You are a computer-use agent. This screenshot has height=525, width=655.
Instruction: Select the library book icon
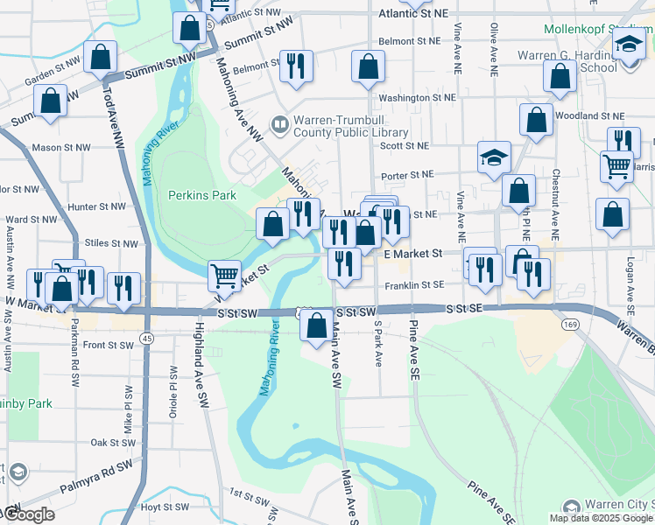point(279,126)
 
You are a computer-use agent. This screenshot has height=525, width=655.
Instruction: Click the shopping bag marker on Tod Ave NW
point(102,57)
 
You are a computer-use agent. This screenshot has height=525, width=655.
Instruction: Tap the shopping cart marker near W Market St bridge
point(225,276)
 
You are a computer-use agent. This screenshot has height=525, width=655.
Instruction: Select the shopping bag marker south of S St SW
point(315,326)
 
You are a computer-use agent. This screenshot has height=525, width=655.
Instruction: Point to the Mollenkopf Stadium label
point(598,28)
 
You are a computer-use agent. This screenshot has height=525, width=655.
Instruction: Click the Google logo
point(28,514)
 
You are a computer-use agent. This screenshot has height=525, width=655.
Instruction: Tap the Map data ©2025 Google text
point(601,518)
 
